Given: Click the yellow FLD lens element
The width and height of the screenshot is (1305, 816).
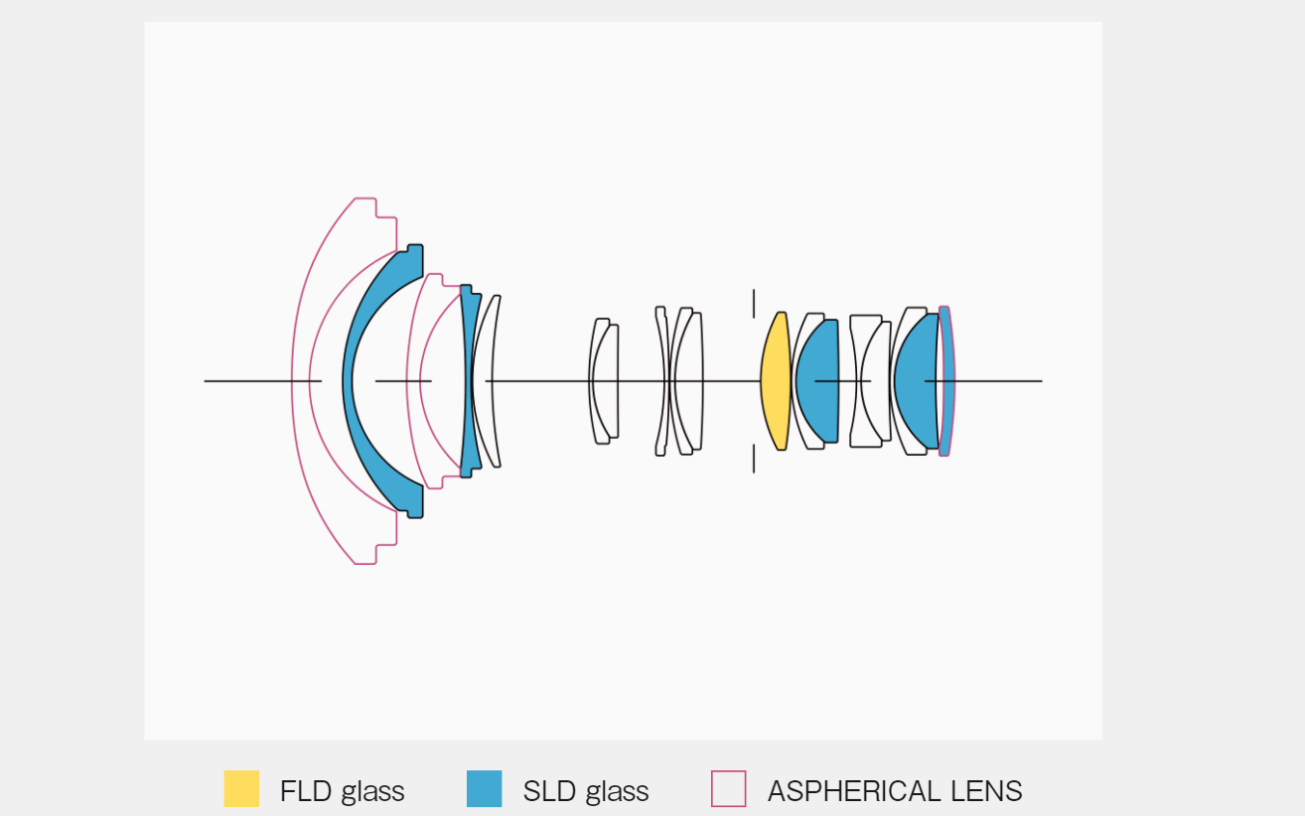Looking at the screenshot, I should (775, 381).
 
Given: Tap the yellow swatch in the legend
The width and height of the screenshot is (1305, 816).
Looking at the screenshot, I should (241, 789).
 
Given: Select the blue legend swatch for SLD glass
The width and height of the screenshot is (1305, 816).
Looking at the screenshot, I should (484, 789).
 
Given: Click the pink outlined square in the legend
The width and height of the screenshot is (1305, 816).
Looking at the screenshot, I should (728, 789).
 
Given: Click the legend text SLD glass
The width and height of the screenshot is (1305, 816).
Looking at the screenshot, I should (585, 791).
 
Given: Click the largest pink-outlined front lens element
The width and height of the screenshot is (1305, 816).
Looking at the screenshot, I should (301, 381).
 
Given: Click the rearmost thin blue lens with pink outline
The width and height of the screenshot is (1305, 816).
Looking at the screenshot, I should (947, 381).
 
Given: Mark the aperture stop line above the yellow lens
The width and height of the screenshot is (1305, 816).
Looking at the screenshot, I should (754, 303).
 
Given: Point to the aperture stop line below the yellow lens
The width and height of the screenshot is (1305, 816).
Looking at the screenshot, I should (754, 459).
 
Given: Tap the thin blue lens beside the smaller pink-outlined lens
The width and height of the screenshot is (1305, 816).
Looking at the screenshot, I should (466, 381).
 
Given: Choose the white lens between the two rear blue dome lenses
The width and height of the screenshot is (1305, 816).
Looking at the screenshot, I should (871, 381).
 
